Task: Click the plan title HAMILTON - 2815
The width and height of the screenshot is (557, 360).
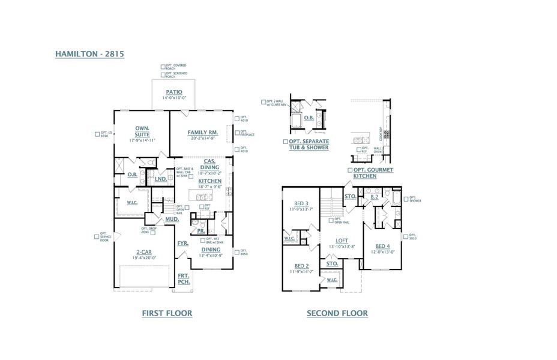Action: point(89,53)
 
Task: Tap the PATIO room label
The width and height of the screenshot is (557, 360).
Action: point(174,92)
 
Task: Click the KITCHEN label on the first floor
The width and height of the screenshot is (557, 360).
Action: point(210,181)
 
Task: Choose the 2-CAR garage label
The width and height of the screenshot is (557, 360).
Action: point(142,252)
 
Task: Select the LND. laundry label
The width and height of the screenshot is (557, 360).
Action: point(160,179)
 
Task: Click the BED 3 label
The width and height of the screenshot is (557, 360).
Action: point(301,203)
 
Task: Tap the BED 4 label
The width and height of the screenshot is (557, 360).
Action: point(382,247)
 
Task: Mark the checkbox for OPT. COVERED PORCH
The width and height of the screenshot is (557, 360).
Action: point(163,67)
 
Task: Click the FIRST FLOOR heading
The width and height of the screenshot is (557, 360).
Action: point(167,313)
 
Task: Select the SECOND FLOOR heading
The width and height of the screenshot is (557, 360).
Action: point(337,313)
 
